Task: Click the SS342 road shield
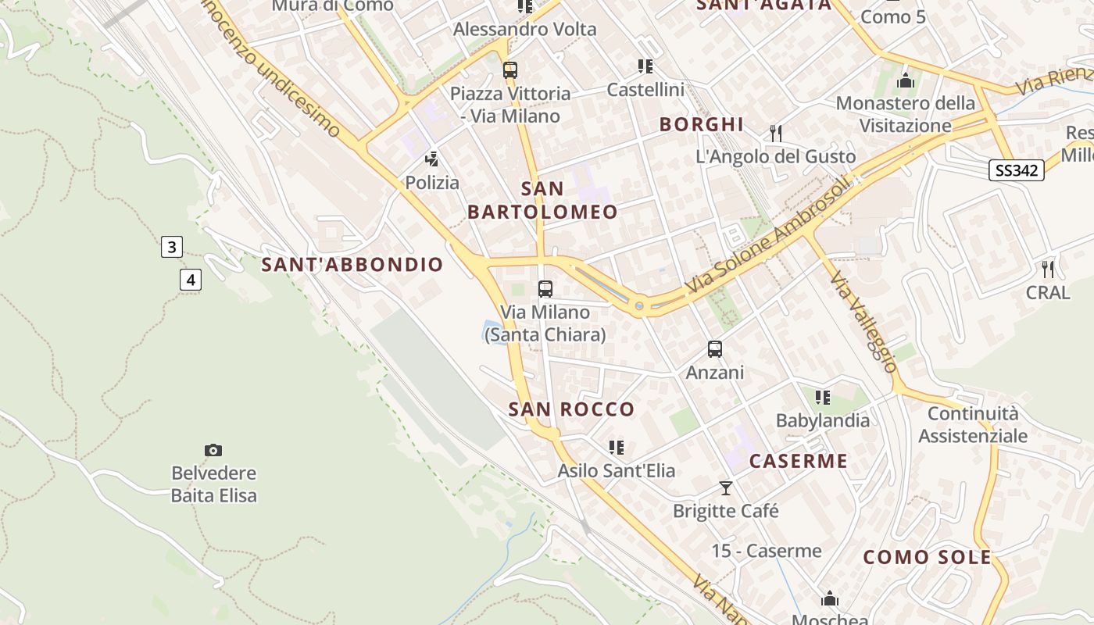[x=1016, y=170]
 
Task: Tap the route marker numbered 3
[x=171, y=248]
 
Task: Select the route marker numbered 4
[x=191, y=279]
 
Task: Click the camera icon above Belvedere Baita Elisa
[x=213, y=450]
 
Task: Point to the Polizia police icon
[x=431, y=160]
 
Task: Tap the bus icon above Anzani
[x=715, y=349]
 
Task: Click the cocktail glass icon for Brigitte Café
[x=726, y=488]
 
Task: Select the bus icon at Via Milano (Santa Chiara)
[x=545, y=289]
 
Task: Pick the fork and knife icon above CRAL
[x=1048, y=270]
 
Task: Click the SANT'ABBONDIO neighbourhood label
[x=352, y=265]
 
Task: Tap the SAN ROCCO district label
[x=571, y=409]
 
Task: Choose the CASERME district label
[x=799, y=461]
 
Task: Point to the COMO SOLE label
[x=927, y=558]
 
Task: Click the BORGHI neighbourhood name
[x=702, y=124]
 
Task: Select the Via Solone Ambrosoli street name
[x=767, y=237]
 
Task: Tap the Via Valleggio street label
[x=863, y=321]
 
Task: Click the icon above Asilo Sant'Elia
[x=617, y=448]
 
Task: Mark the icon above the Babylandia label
[x=822, y=398]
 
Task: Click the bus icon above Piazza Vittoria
[x=510, y=70]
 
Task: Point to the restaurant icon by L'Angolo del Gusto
[x=775, y=134]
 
